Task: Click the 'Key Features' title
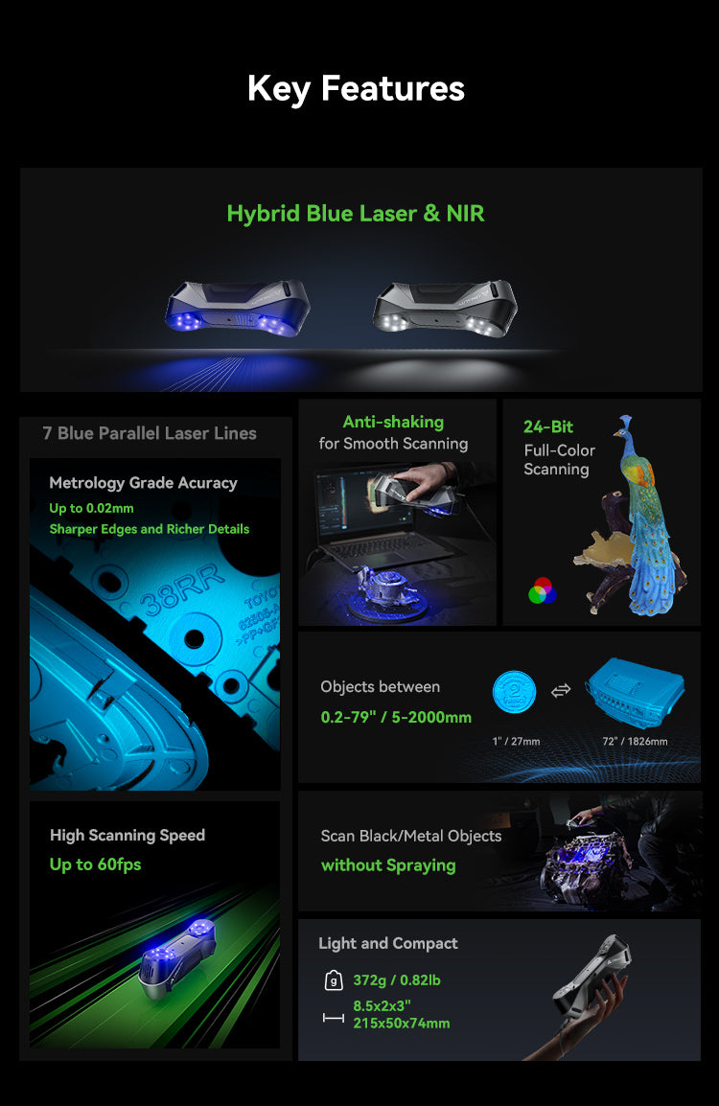tap(356, 88)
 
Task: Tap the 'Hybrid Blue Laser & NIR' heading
tap(356, 213)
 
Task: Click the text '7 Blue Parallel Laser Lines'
tap(150, 433)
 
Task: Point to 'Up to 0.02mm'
tap(92, 508)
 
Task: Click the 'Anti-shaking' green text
tap(393, 422)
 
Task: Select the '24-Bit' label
tap(548, 427)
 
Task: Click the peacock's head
tap(626, 422)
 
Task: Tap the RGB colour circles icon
tap(542, 590)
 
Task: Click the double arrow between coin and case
tap(561, 690)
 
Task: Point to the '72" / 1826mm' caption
tap(634, 741)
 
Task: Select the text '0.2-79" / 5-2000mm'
tap(396, 717)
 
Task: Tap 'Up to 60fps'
tap(95, 864)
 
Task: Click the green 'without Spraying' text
tap(388, 865)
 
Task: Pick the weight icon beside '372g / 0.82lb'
tap(334, 980)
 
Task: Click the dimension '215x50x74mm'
tap(402, 1024)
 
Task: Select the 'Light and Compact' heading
tap(388, 943)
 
